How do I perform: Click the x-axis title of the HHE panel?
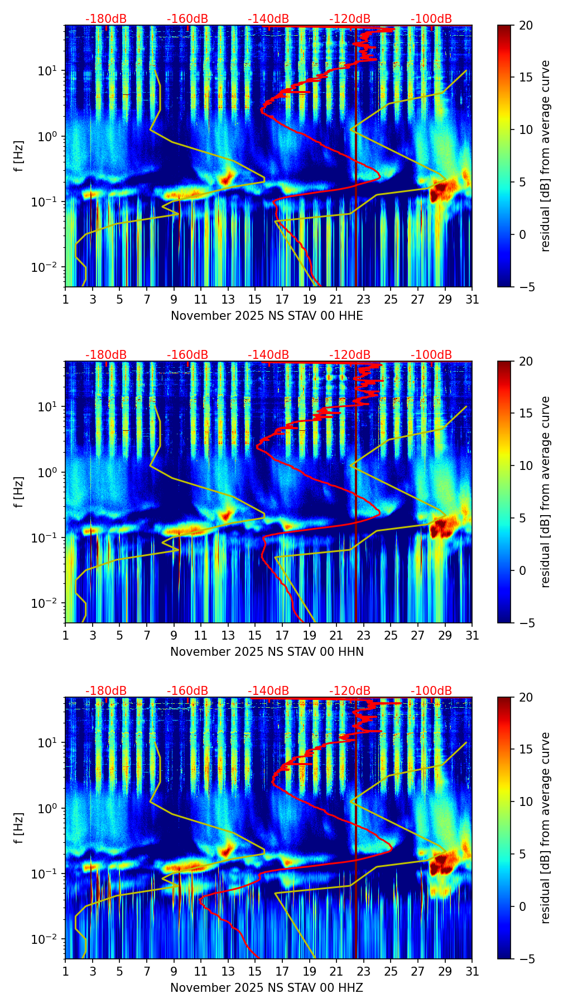click(x=267, y=316)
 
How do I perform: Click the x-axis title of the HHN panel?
click(x=267, y=652)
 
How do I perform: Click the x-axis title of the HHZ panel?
click(x=267, y=988)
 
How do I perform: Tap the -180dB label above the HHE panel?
click(x=106, y=19)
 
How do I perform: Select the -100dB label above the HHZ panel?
click(x=431, y=691)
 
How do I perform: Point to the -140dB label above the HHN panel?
click(x=268, y=355)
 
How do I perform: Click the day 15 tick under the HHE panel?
click(x=255, y=300)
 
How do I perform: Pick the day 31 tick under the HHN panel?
click(x=472, y=636)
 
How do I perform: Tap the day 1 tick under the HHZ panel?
click(x=65, y=972)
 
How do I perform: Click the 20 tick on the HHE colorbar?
click(x=526, y=25)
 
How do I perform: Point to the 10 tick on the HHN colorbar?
click(x=526, y=465)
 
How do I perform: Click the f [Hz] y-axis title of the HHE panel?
click(x=19, y=156)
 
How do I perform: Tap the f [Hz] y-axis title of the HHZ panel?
click(x=19, y=828)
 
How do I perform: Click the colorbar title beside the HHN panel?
click(x=546, y=492)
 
